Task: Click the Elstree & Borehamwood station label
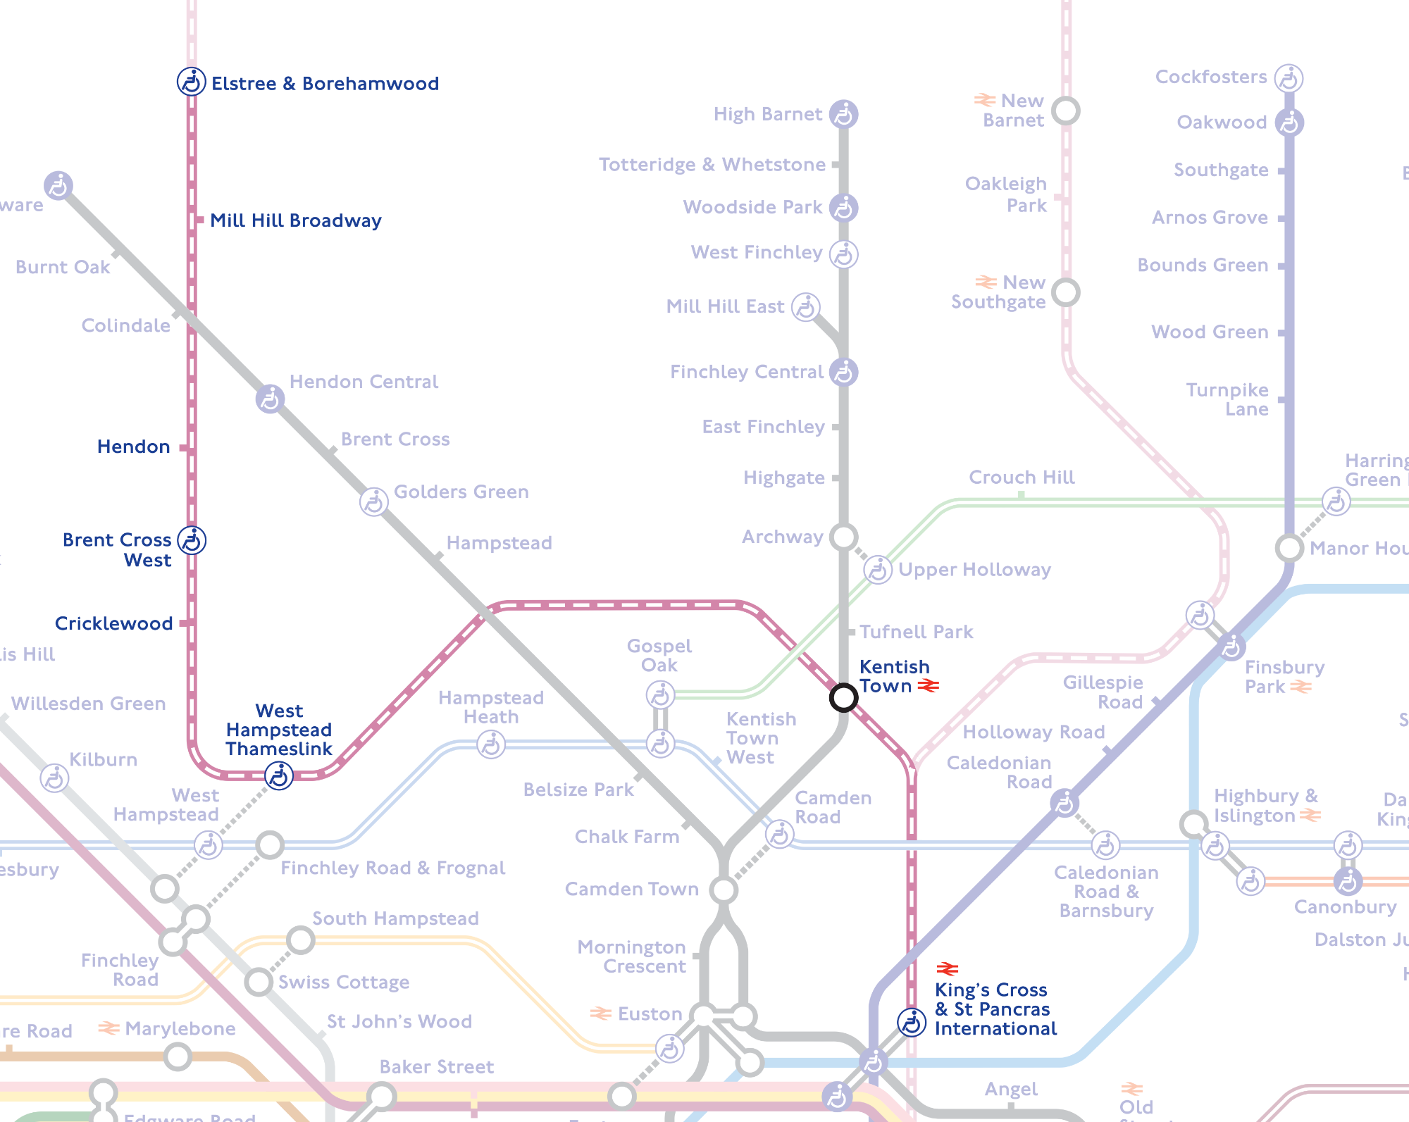325,84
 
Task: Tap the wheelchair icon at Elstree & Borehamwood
191,82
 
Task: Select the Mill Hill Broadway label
296,220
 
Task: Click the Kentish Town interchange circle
843,697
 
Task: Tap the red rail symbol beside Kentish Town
928,685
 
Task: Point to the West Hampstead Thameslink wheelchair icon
278,776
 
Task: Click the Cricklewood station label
113,623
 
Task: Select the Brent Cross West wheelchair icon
192,541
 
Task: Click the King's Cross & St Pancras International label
995,1009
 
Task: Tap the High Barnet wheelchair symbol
843,114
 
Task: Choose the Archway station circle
843,537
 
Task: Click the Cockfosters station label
1211,77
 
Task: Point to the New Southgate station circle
1066,292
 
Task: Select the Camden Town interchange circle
724,890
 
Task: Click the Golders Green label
461,492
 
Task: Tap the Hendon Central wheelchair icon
270,399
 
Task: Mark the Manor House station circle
1289,547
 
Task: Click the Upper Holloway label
974,569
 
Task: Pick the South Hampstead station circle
301,940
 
